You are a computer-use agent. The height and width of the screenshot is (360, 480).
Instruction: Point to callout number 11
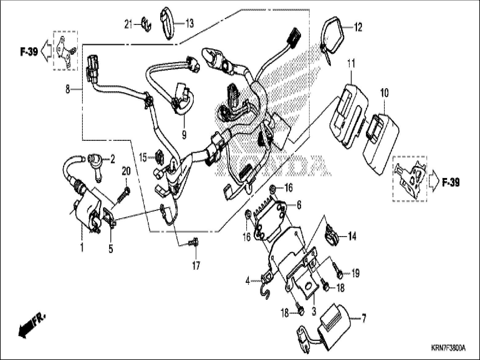tap(351, 64)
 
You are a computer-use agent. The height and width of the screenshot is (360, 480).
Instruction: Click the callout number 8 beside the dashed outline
tap(68, 90)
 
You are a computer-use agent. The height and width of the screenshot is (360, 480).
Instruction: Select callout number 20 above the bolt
tap(126, 171)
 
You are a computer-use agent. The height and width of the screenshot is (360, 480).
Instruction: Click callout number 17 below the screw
tap(196, 265)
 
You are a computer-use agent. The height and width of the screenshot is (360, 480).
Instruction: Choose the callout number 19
tap(355, 273)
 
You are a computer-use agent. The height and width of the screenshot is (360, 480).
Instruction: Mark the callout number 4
tap(248, 281)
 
